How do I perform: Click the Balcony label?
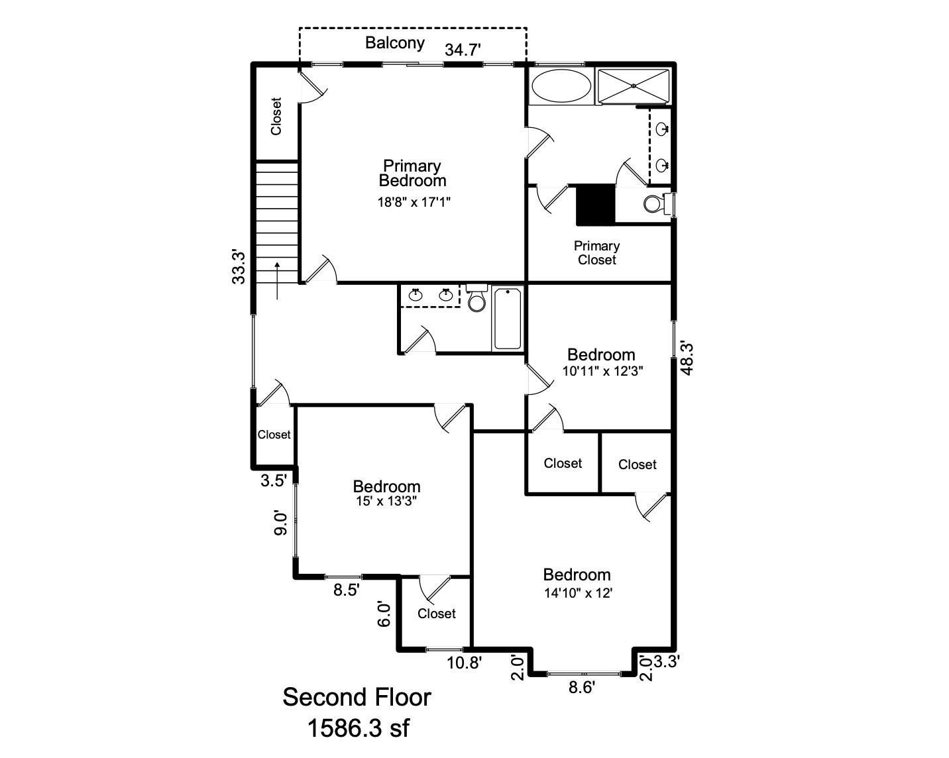395,43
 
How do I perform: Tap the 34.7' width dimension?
462,50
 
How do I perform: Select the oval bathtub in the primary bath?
562,86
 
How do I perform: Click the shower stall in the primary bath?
634,86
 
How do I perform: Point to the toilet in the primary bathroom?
654,204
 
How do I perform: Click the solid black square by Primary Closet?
595,205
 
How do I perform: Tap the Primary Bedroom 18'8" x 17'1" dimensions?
414,202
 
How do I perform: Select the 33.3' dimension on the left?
239,266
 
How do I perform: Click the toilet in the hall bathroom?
476,300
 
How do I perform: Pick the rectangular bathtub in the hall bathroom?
508,319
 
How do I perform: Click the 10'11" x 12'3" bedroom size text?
602,371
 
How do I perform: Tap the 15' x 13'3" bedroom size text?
386,502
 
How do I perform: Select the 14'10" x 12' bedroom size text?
577,593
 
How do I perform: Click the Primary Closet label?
596,252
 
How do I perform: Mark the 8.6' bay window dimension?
582,687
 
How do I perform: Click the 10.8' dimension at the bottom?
464,662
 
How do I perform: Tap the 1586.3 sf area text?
358,729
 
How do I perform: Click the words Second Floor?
357,697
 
